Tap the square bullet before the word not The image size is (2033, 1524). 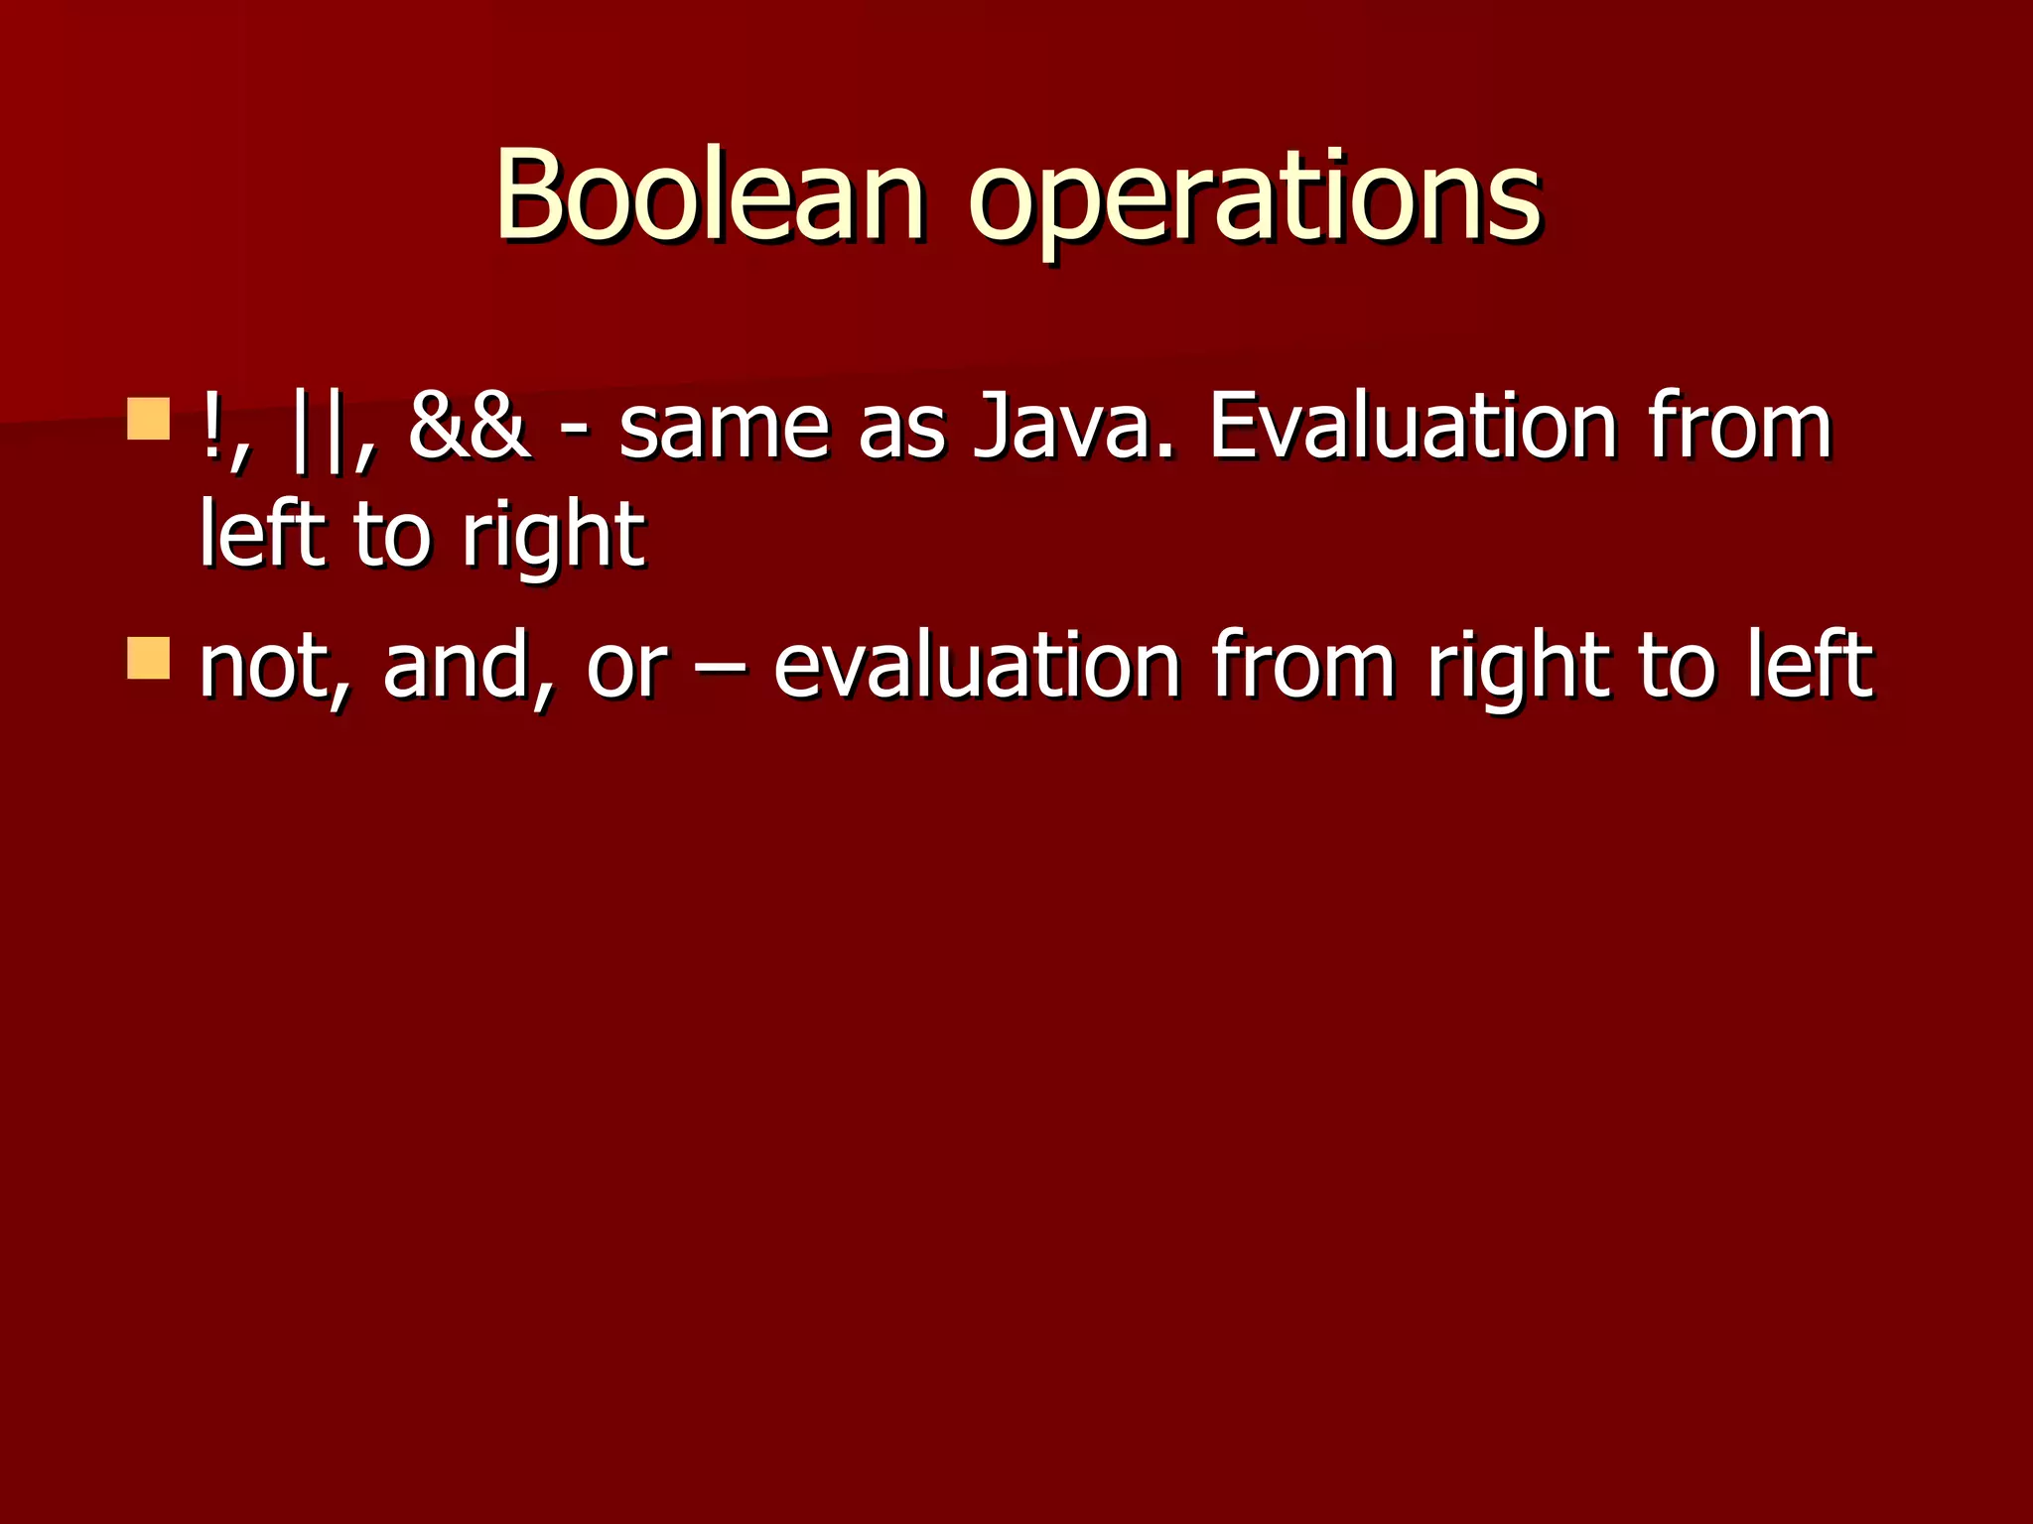coord(149,659)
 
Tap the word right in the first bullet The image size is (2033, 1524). coord(553,541)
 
